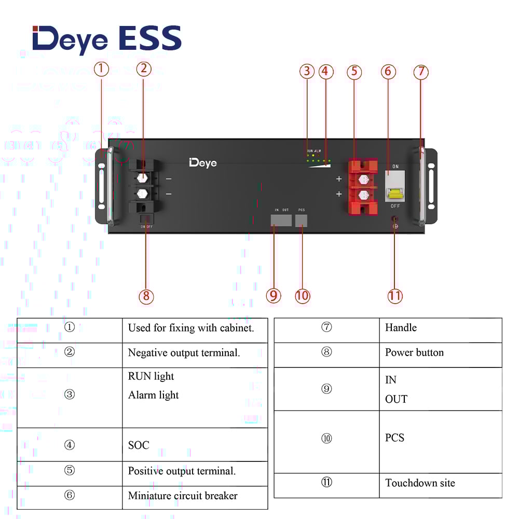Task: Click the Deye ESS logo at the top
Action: [x=106, y=39]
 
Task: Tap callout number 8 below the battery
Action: [x=146, y=296]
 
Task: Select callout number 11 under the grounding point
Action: [x=395, y=296]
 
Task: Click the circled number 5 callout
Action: [x=354, y=72]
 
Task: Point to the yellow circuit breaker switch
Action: [x=395, y=195]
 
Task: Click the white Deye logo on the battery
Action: [x=203, y=163]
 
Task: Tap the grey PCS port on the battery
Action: [x=301, y=220]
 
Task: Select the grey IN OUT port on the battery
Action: [x=281, y=220]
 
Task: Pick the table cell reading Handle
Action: [x=401, y=327]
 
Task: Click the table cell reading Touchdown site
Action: [x=420, y=483]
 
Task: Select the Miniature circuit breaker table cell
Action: [x=183, y=496]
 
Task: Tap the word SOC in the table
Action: [x=139, y=445]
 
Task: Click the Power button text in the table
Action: [x=414, y=352]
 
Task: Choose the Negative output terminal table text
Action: [x=184, y=353]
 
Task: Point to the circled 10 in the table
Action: [x=326, y=439]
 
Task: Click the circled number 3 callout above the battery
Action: [x=307, y=72]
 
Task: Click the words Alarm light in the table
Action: [x=153, y=395]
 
